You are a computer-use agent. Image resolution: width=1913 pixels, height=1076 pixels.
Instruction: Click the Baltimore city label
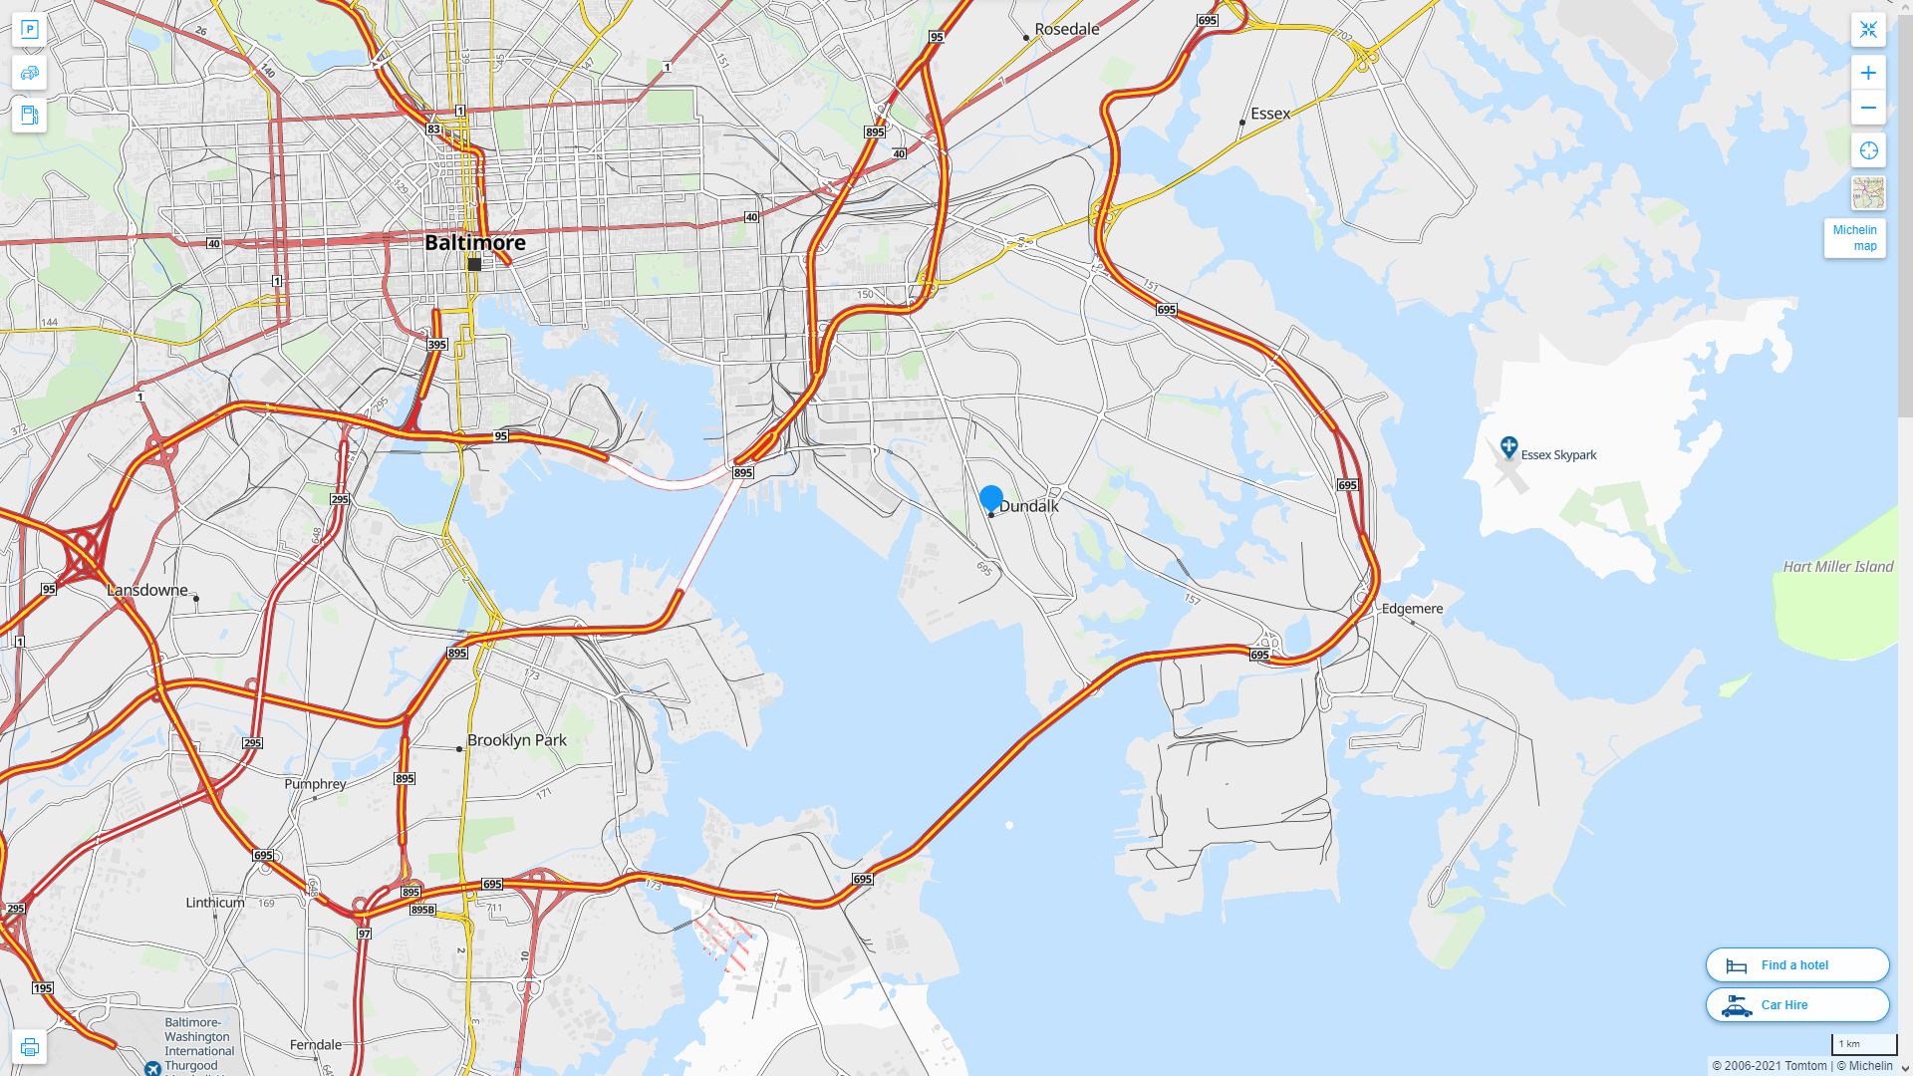pyautogui.click(x=474, y=242)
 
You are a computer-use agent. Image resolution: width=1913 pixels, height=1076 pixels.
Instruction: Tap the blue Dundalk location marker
pyautogui.click(x=990, y=498)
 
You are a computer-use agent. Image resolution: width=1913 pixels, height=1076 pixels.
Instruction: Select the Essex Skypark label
pyautogui.click(x=1557, y=455)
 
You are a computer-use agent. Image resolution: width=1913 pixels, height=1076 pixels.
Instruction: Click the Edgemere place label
pyautogui.click(x=1412, y=609)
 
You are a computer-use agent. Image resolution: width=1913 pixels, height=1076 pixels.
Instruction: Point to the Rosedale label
pyautogui.click(x=1066, y=30)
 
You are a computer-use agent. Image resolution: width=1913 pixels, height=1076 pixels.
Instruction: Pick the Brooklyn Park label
pyautogui.click(x=516, y=740)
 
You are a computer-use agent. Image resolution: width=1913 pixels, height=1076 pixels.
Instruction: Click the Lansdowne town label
pyautogui.click(x=147, y=590)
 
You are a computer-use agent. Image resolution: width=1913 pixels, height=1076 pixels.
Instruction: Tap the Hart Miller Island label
pyautogui.click(x=1837, y=567)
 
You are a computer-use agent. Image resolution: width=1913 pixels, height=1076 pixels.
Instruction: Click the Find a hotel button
pyautogui.click(x=1796, y=964)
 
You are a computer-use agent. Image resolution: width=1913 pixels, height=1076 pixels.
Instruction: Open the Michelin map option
pyautogui.click(x=1854, y=238)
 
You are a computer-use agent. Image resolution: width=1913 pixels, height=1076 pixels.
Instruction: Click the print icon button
pyautogui.click(x=29, y=1047)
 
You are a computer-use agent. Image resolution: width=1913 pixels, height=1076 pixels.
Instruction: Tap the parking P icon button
pyautogui.click(x=29, y=30)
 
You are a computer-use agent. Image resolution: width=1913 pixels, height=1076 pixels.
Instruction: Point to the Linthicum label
pyautogui.click(x=214, y=903)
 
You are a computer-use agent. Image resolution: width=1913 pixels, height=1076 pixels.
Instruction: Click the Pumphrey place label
pyautogui.click(x=315, y=784)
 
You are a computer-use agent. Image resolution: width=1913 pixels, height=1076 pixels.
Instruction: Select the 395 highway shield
pyautogui.click(x=436, y=345)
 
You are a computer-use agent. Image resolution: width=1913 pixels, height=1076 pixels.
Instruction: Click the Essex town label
pyautogui.click(x=1269, y=114)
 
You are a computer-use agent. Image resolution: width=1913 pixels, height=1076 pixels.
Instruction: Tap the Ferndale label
pyautogui.click(x=315, y=1045)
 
